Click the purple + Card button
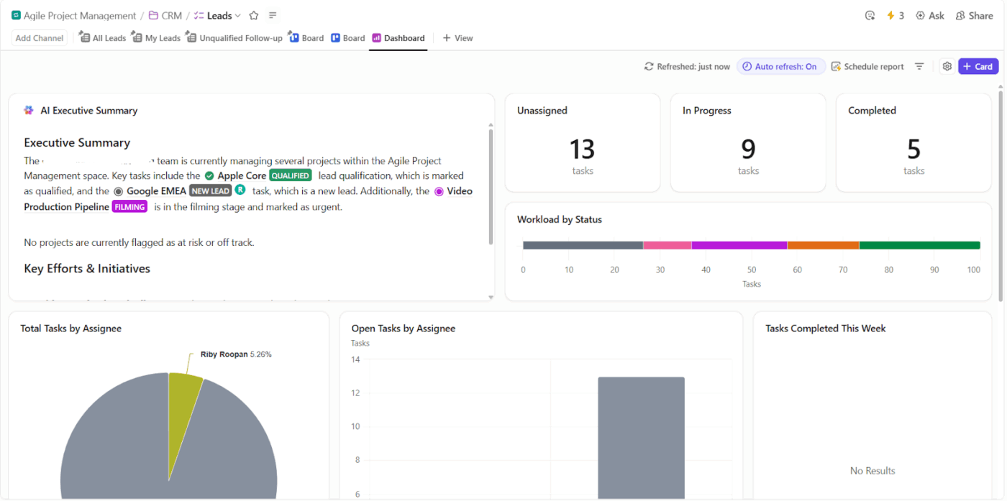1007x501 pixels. click(978, 66)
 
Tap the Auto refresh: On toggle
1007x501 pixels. click(780, 66)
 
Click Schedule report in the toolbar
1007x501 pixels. click(867, 66)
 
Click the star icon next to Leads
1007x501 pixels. click(254, 16)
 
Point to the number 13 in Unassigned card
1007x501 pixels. click(582, 150)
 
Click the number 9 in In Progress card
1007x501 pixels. click(748, 150)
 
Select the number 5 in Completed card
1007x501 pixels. click(913, 150)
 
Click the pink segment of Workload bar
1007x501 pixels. click(667, 245)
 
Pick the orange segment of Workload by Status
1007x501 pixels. click(823, 245)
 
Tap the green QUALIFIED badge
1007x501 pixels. click(291, 175)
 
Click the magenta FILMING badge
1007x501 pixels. click(129, 207)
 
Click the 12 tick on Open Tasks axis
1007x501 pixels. click(355, 393)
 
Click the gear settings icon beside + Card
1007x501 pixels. click(947, 66)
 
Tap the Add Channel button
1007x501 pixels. click(40, 38)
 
